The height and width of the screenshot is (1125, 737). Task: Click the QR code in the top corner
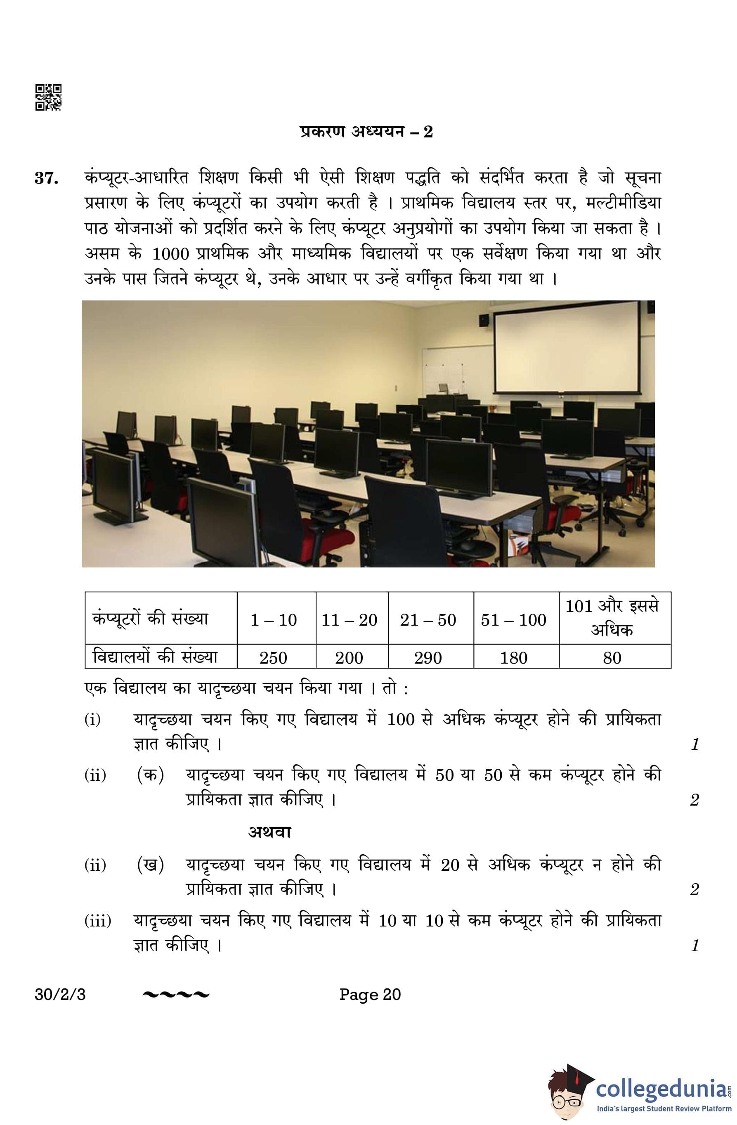[48, 97]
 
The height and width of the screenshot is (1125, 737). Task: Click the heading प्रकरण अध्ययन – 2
[366, 131]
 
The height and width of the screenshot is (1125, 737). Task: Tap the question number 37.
[46, 178]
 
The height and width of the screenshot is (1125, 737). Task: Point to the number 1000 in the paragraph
[171, 254]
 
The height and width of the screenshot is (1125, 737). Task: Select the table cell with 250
[273, 657]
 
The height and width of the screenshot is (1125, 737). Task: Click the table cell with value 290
[428, 657]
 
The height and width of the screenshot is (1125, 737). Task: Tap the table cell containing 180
[513, 657]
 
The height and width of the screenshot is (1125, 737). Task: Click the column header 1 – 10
[273, 619]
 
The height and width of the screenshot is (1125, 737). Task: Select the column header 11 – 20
[350, 619]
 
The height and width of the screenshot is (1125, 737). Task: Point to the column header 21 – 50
[428, 619]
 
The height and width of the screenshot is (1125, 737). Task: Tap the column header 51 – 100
[513, 619]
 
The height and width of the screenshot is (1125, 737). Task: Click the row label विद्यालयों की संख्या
[155, 657]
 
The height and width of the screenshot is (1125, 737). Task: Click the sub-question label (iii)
[98, 920]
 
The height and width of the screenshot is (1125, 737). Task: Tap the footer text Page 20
[370, 994]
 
